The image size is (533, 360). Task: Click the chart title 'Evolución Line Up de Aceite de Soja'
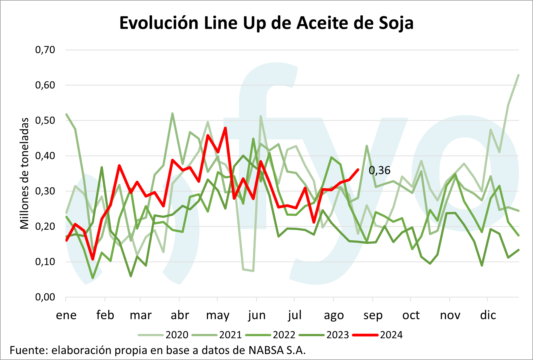(x=266, y=23)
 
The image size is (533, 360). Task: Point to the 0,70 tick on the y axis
(x=45, y=50)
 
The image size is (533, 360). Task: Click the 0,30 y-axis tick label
(x=45, y=191)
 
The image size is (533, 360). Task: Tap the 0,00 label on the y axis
(x=45, y=297)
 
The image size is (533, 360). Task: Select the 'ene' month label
(x=66, y=315)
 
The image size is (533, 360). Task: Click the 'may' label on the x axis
(x=218, y=316)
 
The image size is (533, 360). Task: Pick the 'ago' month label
(x=334, y=316)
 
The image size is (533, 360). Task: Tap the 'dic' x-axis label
(x=488, y=315)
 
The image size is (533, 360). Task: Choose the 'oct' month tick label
(x=411, y=315)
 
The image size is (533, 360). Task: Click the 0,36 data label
(x=380, y=170)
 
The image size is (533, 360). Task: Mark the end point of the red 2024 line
(x=358, y=170)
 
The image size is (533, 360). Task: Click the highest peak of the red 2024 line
(x=225, y=128)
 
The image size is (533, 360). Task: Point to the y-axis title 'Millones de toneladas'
(x=25, y=173)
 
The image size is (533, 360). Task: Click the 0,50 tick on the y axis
(x=45, y=120)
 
